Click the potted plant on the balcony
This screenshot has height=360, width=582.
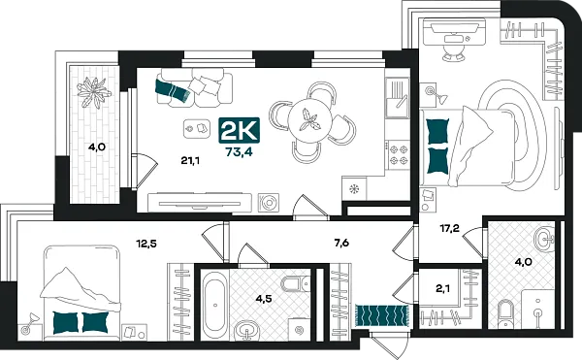[x=95, y=95]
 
